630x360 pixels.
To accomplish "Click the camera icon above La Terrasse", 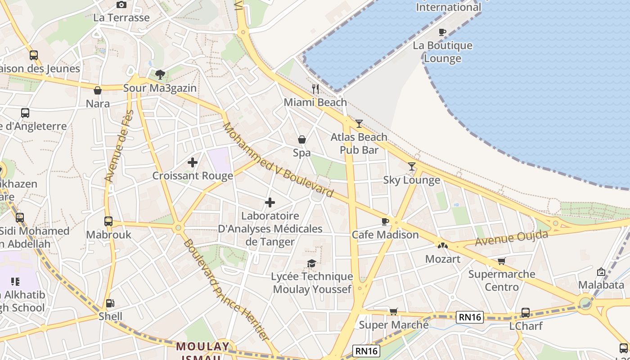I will (121, 5).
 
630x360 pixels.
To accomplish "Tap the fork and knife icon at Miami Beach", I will (315, 89).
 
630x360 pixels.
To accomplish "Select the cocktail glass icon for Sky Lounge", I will (412, 166).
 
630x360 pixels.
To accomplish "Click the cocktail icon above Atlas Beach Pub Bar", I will (359, 123).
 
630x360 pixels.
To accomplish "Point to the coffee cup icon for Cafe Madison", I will (385, 221).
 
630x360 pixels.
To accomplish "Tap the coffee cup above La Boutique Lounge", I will (442, 32).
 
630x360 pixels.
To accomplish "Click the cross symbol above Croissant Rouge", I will (193, 162).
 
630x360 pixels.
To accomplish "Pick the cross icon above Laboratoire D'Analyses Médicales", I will (270, 202).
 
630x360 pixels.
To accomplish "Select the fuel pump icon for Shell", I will (110, 303).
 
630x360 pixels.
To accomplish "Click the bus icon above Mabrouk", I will (108, 221).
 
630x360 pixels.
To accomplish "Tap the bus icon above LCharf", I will (525, 312).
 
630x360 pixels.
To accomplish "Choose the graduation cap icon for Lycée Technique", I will (311, 263).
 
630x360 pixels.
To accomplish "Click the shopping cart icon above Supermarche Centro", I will (502, 261).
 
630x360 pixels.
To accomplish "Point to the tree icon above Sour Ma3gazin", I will (160, 74).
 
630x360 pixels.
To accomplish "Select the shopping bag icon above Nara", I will (98, 90).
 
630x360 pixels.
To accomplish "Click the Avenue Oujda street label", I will (512, 238).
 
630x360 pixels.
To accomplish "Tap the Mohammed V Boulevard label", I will (279, 160).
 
